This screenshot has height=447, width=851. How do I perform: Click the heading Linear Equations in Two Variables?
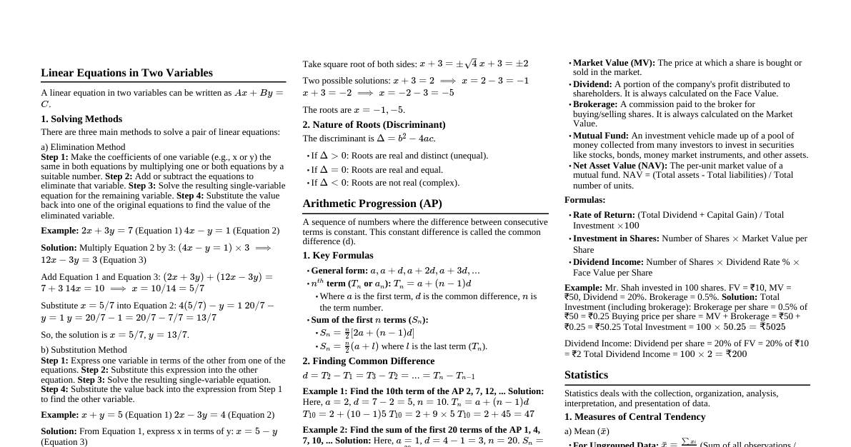pos(126,73)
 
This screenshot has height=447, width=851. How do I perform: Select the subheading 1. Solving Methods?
pos(81,119)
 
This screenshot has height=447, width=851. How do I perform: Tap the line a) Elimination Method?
pos(83,147)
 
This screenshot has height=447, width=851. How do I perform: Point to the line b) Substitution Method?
pos(84,350)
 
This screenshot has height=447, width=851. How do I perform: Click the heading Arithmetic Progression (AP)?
pos(372,204)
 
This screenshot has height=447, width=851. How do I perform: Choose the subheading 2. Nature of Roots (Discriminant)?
pos(374,125)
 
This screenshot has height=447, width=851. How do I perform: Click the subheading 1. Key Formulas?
pos(338,256)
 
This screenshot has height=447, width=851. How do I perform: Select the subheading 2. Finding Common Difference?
pos(368,361)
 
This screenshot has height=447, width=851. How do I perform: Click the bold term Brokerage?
pos(595,104)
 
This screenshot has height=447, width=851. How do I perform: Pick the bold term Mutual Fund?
pos(601,136)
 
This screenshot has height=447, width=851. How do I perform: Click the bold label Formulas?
pos(584,200)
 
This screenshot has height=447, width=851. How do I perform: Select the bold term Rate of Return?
pos(604,215)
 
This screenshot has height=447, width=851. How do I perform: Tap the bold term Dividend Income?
pos(608,262)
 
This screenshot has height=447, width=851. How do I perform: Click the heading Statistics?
pos(586,375)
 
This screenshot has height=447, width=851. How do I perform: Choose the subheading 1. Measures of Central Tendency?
pos(634,417)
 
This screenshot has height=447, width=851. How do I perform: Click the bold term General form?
pos(339,271)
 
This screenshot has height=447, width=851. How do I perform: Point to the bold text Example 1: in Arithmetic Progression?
pos(324,391)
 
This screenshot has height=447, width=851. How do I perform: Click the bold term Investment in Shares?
pos(616,238)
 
